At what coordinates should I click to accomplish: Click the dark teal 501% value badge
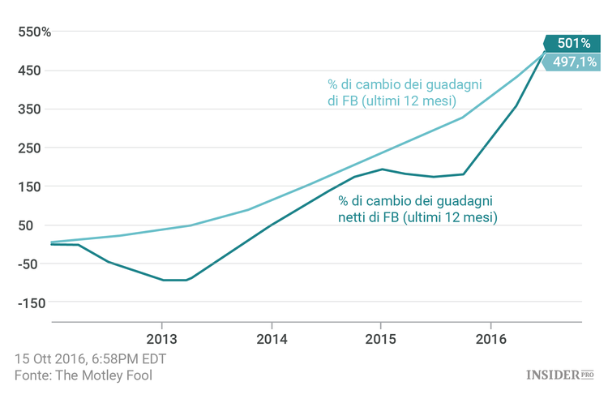coord(572,44)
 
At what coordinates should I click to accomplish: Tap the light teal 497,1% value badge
coord(572,62)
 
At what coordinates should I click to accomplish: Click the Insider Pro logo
coord(559,375)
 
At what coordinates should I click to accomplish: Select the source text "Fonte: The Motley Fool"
coord(83,375)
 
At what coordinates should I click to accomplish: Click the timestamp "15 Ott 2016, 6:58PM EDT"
coord(90,358)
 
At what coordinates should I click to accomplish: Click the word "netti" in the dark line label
coord(354,217)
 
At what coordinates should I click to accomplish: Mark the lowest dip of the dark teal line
coord(175,280)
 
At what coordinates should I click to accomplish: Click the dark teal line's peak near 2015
coord(382,169)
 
